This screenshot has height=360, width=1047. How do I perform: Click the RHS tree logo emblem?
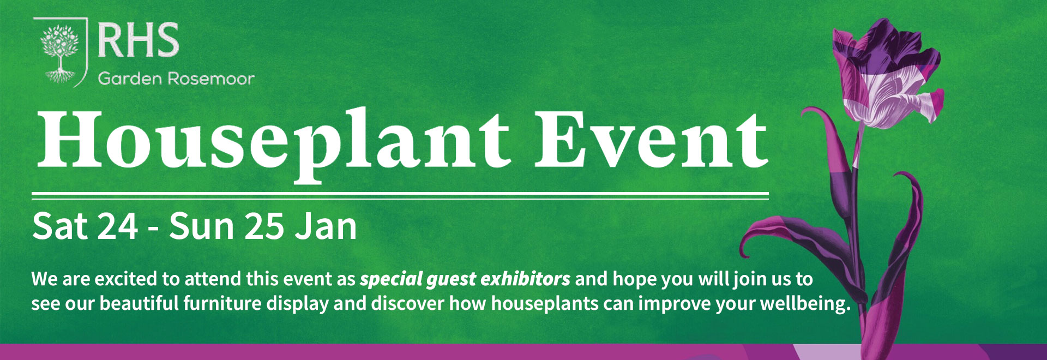click(x=60, y=52)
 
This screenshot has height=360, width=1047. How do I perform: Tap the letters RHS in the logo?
click(x=139, y=40)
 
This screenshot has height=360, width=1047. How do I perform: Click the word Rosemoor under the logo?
click(x=211, y=79)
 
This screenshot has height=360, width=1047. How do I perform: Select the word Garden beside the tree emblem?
click(x=130, y=79)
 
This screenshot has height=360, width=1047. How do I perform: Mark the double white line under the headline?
click(x=400, y=196)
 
